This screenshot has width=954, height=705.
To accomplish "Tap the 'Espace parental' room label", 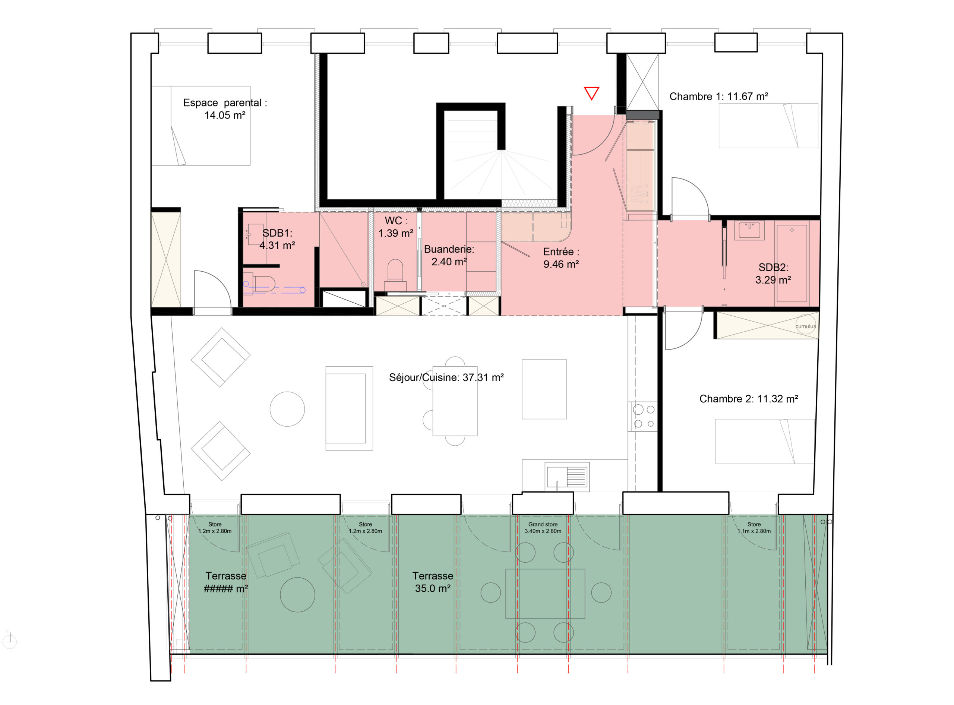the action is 225,103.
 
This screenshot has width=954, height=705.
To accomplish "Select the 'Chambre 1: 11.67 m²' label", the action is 718,97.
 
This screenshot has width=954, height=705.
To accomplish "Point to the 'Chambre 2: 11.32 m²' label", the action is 748,399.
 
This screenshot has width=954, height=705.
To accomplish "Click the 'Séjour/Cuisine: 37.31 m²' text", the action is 446,377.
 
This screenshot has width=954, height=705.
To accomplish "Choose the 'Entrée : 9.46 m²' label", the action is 561,258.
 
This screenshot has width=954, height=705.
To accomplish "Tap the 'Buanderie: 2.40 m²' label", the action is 449,255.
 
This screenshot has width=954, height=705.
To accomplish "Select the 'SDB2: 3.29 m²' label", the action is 773,274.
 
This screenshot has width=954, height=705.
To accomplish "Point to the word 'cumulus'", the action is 805,326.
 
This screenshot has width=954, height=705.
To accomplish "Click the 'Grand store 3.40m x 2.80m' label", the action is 543,528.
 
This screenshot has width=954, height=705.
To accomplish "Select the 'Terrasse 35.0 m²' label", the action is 432,582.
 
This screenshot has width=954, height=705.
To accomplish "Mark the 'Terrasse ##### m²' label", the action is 226,582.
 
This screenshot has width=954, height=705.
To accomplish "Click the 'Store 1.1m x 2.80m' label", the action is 754,528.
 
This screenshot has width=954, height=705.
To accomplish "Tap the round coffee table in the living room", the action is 287,409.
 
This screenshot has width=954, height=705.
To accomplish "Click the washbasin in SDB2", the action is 749,230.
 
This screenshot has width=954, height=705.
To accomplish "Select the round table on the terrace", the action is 297,594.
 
